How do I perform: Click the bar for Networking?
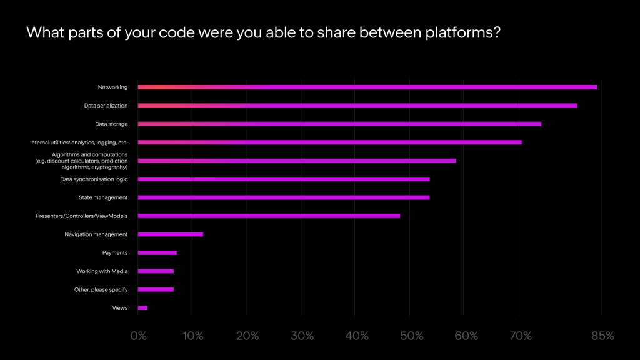click(x=367, y=87)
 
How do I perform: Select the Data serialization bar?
click(x=357, y=106)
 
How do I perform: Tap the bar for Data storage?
click(x=339, y=124)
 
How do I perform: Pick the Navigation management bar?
click(x=171, y=234)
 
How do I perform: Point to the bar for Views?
click(x=142, y=308)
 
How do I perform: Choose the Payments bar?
click(x=157, y=252)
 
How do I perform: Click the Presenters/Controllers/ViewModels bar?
click(x=269, y=216)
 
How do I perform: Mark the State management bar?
click(x=284, y=197)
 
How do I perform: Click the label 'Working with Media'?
click(x=102, y=271)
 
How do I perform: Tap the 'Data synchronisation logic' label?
click(x=94, y=179)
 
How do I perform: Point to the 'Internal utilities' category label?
click(x=79, y=142)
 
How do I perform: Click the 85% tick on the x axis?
click(x=602, y=336)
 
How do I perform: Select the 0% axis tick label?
click(x=138, y=336)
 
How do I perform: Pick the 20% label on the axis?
click(x=247, y=336)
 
